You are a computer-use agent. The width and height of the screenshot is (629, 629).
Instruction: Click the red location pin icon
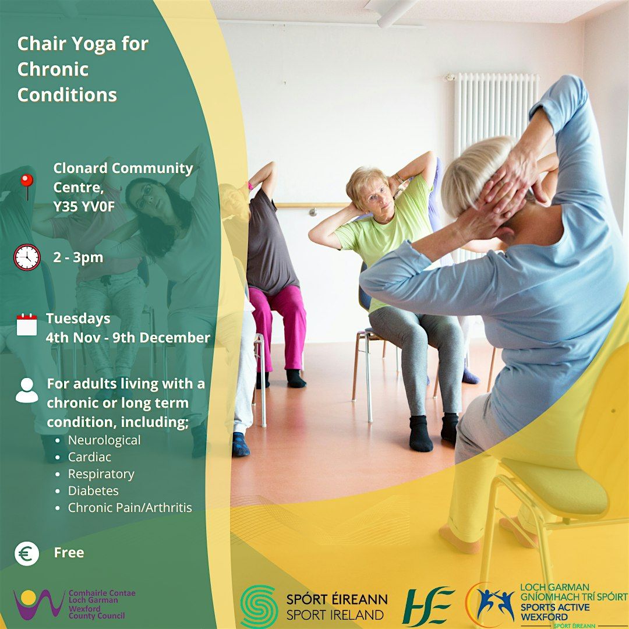[27, 186]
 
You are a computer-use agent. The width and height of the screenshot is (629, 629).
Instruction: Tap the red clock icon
[27, 257]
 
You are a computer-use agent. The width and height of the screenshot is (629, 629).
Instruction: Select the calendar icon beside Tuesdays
[27, 324]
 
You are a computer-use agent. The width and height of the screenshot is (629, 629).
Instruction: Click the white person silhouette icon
[27, 390]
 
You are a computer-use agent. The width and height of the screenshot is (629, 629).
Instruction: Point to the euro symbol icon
[27, 553]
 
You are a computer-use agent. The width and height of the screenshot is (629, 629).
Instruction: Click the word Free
[69, 553]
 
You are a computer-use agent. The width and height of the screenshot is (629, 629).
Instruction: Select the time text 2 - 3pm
[78, 257]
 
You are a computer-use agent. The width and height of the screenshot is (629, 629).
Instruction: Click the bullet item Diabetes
[93, 491]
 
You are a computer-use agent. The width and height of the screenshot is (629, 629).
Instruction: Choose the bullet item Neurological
[104, 440]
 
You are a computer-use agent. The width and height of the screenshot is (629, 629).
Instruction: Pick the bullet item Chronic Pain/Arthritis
[130, 508]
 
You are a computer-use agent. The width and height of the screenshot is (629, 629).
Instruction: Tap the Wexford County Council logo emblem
[38, 604]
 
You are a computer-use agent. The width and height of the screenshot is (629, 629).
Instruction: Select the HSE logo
[428, 606]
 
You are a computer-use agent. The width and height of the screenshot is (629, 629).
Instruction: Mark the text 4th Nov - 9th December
[128, 338]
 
